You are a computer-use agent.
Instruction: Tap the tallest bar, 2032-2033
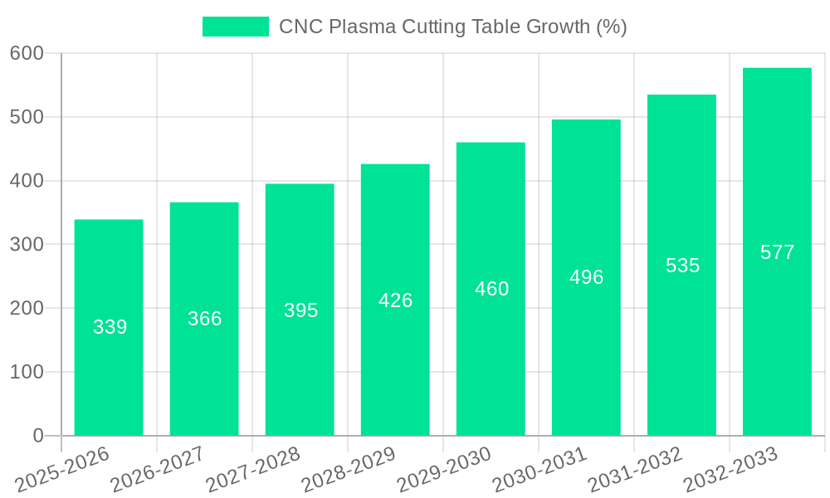click(x=777, y=332)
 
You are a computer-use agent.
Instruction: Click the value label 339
click(x=110, y=327)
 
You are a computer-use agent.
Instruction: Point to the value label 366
click(x=204, y=319)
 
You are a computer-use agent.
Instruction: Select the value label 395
click(x=300, y=310)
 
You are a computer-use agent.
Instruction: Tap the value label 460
click(x=491, y=289)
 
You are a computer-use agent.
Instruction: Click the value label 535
click(x=682, y=266)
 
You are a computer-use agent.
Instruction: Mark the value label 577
click(x=777, y=252)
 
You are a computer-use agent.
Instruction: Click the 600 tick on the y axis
click(x=27, y=53)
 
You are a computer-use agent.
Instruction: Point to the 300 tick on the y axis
click(x=27, y=245)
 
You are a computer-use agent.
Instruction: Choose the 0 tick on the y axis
click(x=37, y=436)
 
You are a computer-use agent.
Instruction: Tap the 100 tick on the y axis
click(x=27, y=372)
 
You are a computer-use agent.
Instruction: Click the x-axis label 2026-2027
click(x=159, y=470)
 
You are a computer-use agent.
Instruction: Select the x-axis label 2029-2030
click(x=445, y=470)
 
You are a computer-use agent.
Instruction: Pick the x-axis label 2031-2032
click(x=636, y=470)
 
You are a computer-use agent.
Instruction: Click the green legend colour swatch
click(x=236, y=27)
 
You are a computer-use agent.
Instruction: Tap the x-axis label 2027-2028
click(x=254, y=470)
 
